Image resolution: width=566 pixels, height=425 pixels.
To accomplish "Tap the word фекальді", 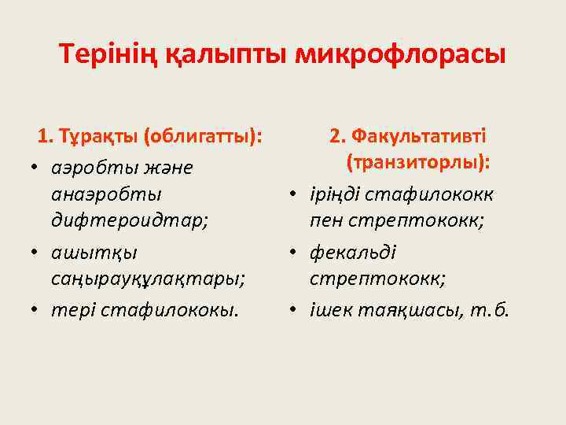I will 353,252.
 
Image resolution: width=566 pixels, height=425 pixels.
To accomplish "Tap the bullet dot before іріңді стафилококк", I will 292,194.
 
